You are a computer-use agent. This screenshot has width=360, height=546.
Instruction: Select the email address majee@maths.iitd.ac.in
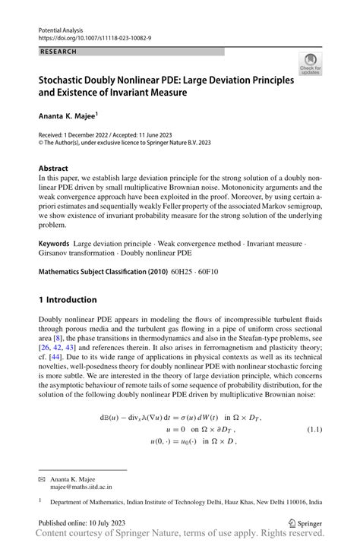tap(81, 490)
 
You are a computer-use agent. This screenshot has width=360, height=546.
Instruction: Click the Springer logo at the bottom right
tap(305, 523)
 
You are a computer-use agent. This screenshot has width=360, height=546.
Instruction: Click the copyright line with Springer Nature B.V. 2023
tap(125, 142)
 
